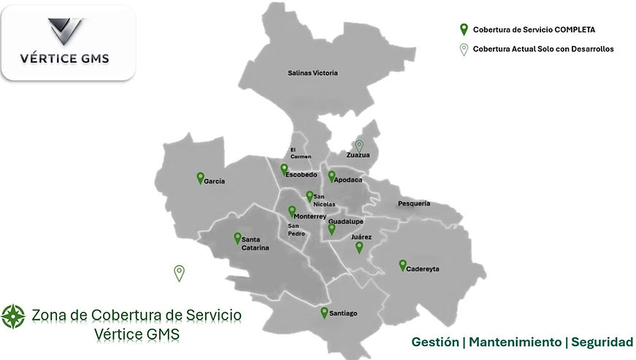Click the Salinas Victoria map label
[313, 73]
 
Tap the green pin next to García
[200, 177]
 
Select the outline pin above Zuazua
[359, 145]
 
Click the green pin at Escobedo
[284, 169]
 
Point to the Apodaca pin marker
[332, 176]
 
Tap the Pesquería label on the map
[414, 203]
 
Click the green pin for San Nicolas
[310, 196]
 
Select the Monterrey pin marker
[292, 212]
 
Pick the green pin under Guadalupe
[332, 229]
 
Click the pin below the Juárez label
[359, 248]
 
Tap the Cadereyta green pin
[402, 265]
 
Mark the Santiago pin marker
[324, 313]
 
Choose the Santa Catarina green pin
[237, 238]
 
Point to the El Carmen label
[301, 152]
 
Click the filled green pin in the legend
[463, 30]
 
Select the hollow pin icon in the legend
[463, 49]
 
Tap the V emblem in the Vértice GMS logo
[66, 32]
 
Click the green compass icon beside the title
[13, 316]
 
